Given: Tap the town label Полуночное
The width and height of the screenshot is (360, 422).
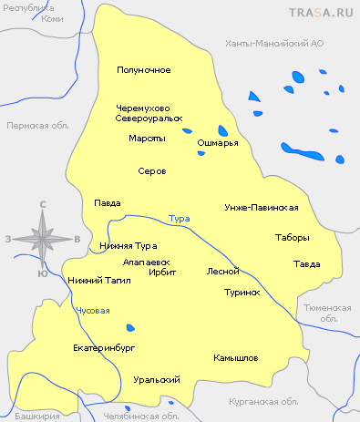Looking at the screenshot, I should [144, 70].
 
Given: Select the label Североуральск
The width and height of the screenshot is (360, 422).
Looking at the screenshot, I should [149, 118].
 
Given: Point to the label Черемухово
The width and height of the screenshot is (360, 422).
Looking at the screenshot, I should [144, 108].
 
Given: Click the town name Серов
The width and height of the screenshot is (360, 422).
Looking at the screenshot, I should [150, 170].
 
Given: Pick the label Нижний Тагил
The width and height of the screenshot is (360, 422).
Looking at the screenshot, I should [99, 281].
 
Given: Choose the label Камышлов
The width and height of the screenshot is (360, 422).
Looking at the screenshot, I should [236, 358].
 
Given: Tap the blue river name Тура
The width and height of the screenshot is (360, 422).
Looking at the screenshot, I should [180, 219].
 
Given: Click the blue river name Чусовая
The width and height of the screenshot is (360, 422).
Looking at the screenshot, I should [93, 311].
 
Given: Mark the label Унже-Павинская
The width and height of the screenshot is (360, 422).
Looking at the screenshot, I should [262, 208].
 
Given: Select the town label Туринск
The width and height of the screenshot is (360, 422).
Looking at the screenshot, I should [242, 293].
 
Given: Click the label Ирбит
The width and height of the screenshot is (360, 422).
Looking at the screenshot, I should [162, 272].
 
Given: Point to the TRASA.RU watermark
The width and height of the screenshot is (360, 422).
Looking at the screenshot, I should [320, 13].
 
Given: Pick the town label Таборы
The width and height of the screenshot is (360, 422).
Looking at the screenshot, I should [292, 238].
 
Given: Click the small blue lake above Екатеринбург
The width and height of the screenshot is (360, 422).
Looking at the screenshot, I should [131, 327].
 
